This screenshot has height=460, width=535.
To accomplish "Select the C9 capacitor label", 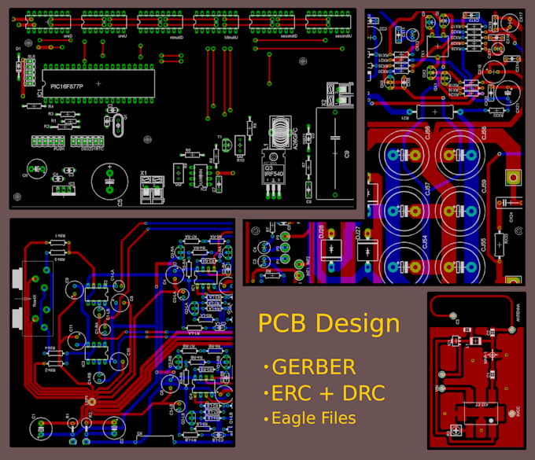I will [347, 155].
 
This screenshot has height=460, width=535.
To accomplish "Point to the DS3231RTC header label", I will [86, 149].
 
